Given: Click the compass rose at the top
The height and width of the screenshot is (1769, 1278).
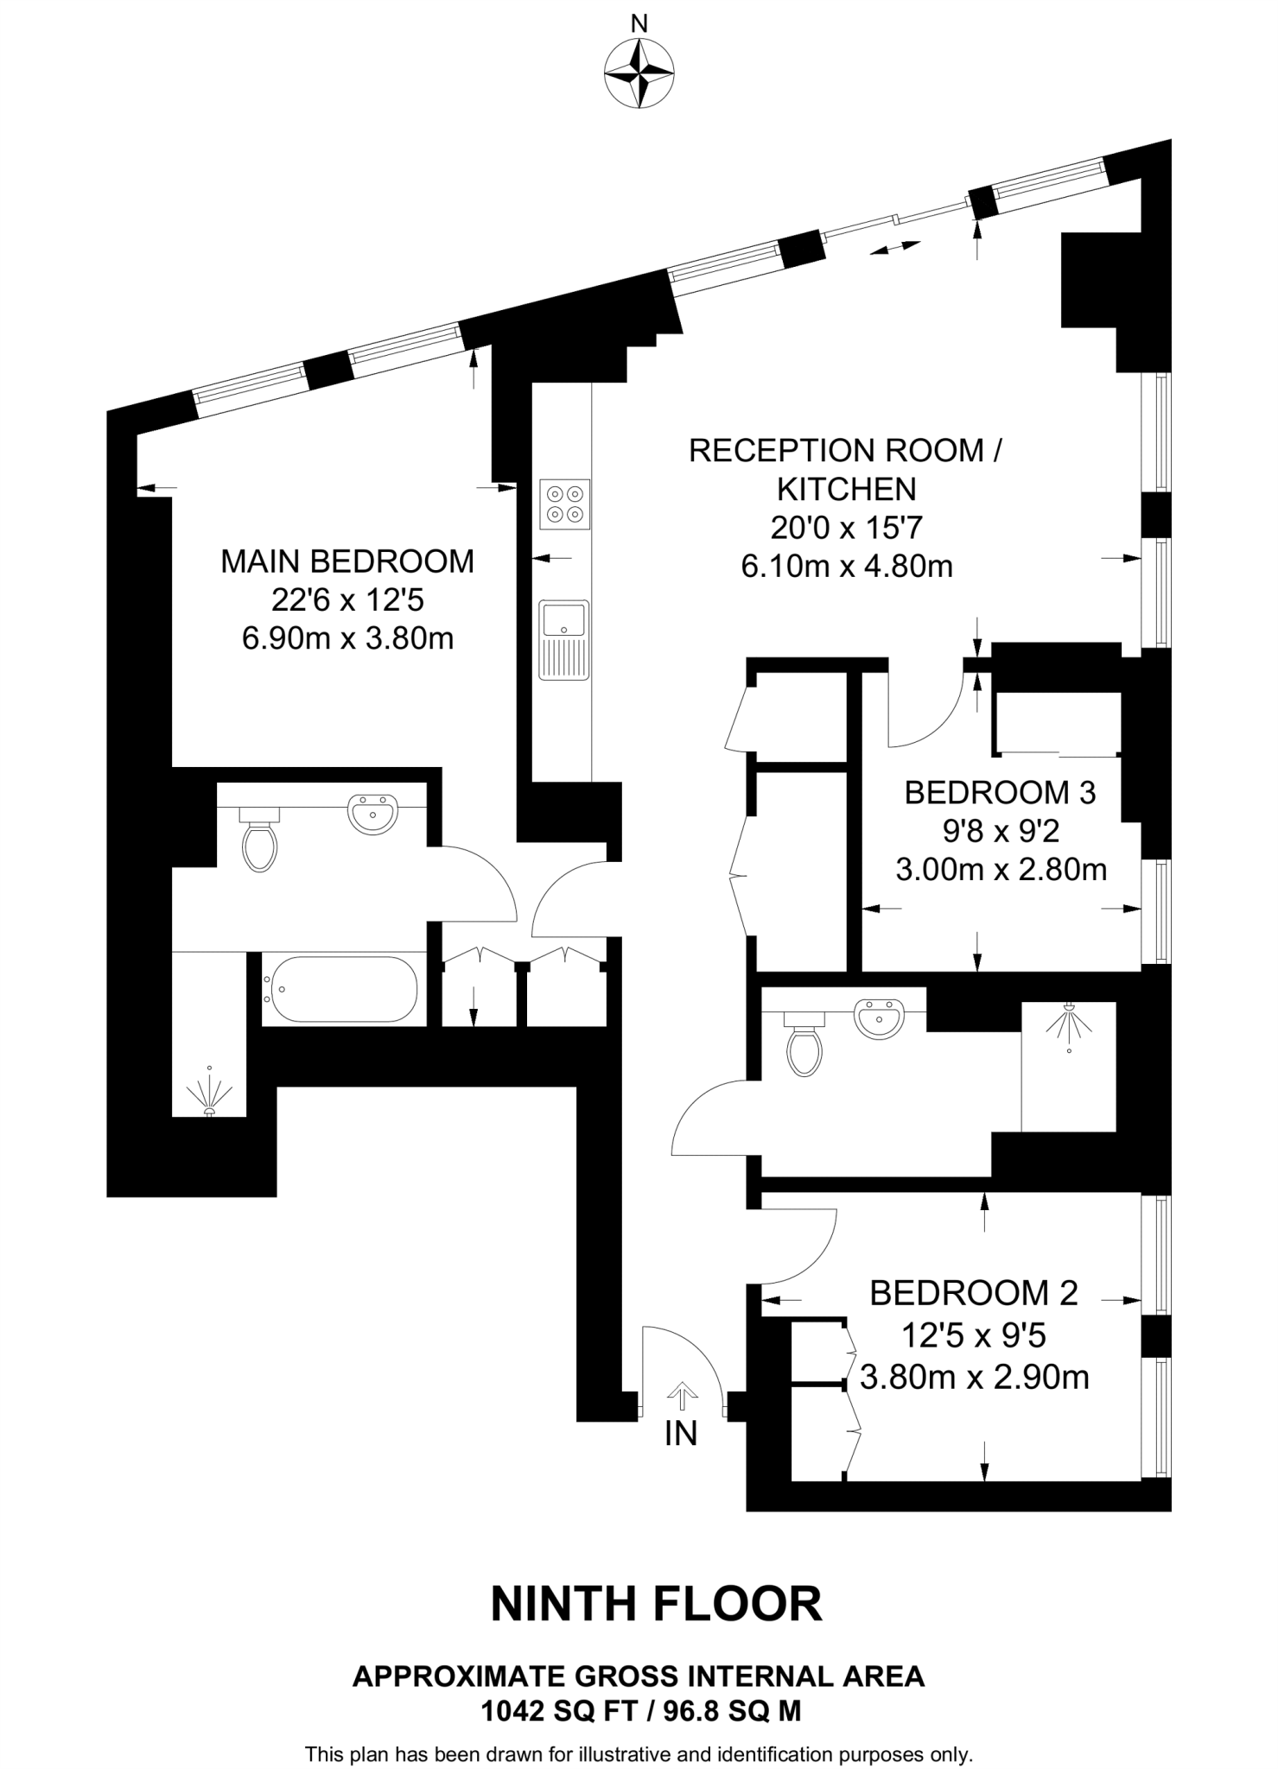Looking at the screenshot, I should pos(639,74).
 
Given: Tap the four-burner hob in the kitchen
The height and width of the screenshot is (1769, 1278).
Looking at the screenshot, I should pos(565,504).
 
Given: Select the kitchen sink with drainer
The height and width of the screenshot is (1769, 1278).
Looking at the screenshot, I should pos(564,639).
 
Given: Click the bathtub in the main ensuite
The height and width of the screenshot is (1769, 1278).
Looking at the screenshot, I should pos(342,989).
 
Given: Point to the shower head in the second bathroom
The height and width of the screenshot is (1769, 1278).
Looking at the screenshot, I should pos(1069,1022).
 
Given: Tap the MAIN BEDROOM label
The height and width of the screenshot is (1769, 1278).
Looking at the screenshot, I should pos(347,561).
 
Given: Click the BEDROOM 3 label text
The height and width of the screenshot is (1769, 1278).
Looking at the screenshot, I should pos(1000,792).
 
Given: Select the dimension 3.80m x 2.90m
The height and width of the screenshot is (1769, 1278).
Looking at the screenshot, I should pos(974,1377).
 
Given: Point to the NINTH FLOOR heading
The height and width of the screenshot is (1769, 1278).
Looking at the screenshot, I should pos(656,1604).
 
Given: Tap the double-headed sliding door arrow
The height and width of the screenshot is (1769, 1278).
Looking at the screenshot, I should pos(894,248).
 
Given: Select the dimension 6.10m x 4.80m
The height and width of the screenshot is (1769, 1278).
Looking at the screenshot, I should pos(847,567).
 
